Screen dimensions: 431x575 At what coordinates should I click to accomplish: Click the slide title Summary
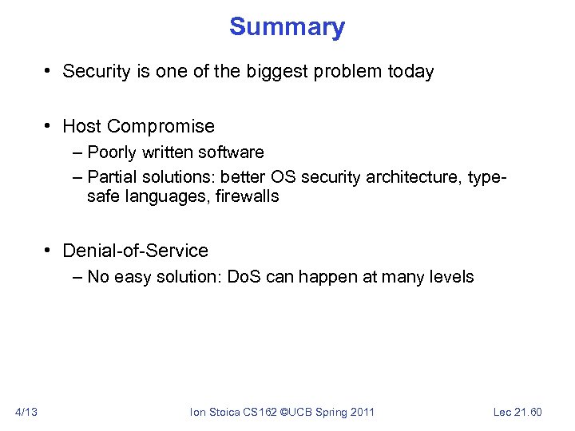[287, 27]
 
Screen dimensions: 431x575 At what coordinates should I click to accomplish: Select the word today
[410, 71]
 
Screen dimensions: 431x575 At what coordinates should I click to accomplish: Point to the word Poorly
[113, 152]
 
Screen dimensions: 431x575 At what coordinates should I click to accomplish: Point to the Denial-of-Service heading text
[135, 251]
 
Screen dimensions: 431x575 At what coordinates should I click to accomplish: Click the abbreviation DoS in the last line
[245, 277]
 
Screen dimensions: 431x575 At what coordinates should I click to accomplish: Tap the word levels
[451, 277]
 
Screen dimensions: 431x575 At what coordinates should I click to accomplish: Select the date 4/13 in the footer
[26, 412]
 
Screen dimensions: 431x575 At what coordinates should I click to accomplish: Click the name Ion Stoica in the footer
[211, 412]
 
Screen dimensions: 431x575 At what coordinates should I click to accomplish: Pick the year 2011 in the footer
[361, 412]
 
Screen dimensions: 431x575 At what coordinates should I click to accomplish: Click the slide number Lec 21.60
[517, 412]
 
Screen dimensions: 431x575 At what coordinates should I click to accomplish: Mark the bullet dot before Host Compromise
[50, 127]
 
